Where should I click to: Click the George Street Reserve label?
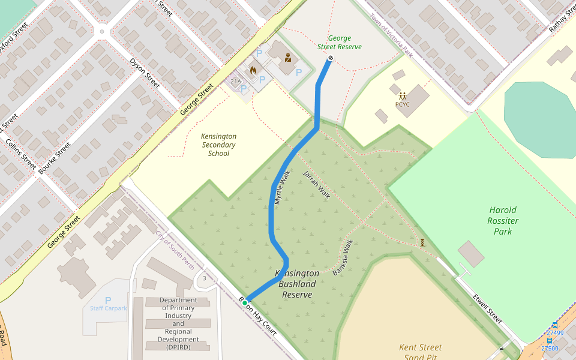point(340,43)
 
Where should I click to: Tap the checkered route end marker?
point(330,58)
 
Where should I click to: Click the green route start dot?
point(245,303)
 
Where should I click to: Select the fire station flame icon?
point(253,70)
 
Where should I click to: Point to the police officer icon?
point(288,58)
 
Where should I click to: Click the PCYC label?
point(402,104)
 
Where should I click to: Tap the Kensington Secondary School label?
point(218,145)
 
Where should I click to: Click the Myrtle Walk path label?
point(282,188)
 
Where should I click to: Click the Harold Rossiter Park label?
point(503,220)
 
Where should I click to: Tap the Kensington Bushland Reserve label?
point(297,284)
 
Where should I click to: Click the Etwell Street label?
point(487,308)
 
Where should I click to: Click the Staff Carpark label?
point(109,308)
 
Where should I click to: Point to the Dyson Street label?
point(145,73)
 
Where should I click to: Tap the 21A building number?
point(235,82)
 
